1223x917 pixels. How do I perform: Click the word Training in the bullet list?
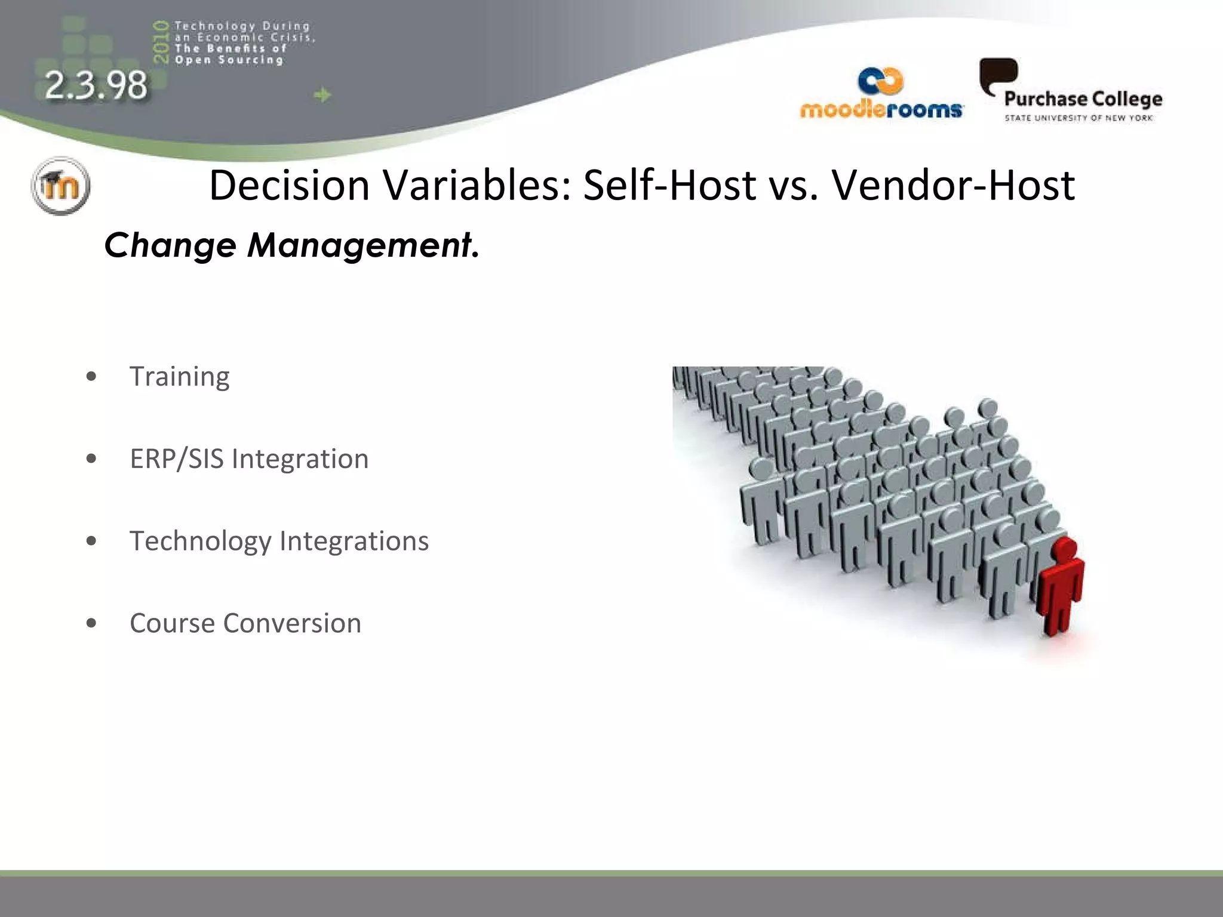tap(179, 377)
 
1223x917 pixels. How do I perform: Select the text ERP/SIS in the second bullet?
tap(177, 459)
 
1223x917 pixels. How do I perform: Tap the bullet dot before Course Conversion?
tap(91, 623)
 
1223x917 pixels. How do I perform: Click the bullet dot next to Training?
tap(91, 377)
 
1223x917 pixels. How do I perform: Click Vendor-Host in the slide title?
tap(953, 185)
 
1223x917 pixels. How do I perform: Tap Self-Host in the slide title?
tap(669, 185)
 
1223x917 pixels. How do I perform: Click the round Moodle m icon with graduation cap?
tap(60, 186)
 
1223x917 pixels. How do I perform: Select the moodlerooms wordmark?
tap(881, 110)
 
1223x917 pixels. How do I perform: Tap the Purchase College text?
tap(1083, 99)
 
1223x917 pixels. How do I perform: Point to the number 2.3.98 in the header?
tap(96, 85)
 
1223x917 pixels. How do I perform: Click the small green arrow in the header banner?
tap(322, 95)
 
